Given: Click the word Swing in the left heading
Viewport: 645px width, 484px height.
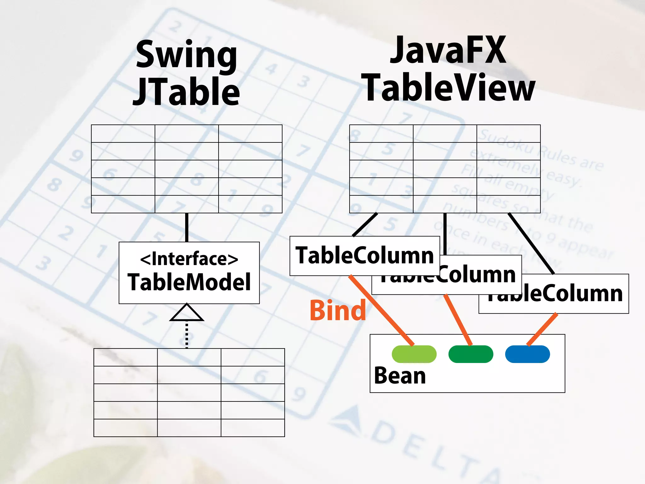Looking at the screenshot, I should [186, 55].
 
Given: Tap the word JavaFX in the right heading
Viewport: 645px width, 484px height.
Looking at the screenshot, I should [448, 50].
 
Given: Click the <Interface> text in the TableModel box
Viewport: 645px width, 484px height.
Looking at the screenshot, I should [189, 259].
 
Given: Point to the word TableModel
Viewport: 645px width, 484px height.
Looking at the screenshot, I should [189, 282].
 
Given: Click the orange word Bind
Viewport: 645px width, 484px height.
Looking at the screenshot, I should [338, 310].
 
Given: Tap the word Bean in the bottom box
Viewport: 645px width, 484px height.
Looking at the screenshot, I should [400, 376].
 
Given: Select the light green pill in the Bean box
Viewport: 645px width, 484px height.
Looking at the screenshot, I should [414, 354].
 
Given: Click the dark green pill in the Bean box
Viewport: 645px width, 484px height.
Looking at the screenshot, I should [471, 354].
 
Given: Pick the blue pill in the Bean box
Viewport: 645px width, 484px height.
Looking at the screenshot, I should [527, 354].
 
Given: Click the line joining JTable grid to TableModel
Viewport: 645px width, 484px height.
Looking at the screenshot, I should [187, 228].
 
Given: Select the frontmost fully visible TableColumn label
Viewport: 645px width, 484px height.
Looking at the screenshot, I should [364, 256].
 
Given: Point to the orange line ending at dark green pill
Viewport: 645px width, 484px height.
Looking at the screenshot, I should [458, 320].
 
